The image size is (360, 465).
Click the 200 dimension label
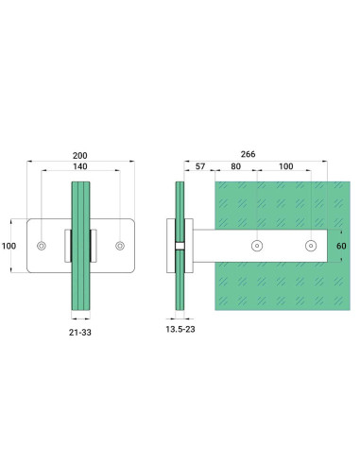tap(80, 156)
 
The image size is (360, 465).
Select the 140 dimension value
tap(80, 166)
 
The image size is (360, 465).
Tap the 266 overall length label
tap(248, 154)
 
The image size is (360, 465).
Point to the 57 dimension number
tap(200, 166)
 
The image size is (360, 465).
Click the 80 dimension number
tap(235, 166)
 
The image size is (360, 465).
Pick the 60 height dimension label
tap(341, 246)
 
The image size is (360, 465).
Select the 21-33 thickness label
tap(80, 333)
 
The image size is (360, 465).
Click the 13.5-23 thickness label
tap(180, 329)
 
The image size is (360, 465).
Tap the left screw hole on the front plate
tap(42, 246)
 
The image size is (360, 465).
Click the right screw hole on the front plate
tap(120, 246)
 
